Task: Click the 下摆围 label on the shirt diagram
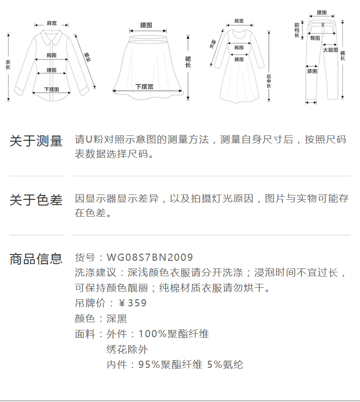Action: click(x=51, y=89)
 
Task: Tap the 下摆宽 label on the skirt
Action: click(x=144, y=86)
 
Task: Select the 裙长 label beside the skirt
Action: click(x=188, y=61)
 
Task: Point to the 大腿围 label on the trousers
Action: click(x=330, y=50)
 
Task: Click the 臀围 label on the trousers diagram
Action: click(x=315, y=38)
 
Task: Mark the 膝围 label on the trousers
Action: click(x=312, y=71)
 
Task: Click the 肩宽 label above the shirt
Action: click(x=51, y=23)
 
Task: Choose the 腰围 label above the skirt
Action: click(x=146, y=24)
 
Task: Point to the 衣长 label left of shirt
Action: click(x=8, y=65)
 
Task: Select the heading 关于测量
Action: click(x=36, y=141)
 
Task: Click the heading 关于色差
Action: click(x=36, y=200)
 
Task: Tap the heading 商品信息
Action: click(x=36, y=259)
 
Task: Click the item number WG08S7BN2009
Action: click(x=150, y=258)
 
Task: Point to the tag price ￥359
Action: click(x=132, y=303)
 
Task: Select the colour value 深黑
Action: click(x=117, y=318)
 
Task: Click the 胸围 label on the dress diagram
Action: click(x=239, y=48)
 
